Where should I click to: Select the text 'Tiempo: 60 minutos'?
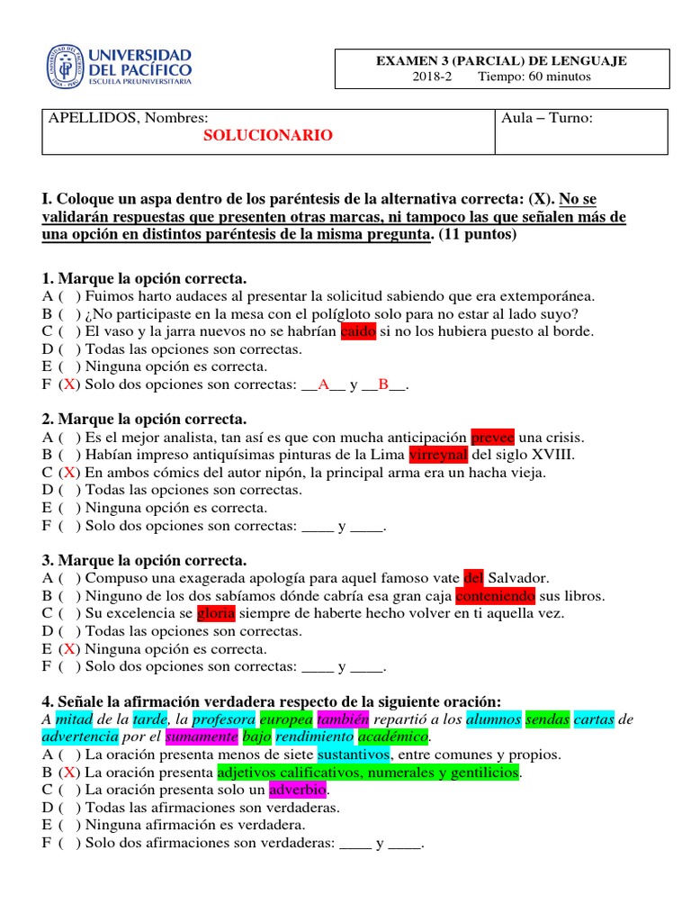coord(534,77)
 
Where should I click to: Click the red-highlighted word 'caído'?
coord(358,331)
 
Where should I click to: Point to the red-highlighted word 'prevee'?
coord(493,438)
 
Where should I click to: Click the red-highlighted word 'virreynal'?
coord(438,455)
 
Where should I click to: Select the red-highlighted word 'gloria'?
coord(217,613)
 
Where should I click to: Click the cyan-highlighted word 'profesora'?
coord(224,719)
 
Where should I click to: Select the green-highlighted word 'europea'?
coord(285,719)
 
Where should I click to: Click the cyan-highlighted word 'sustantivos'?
coord(353,755)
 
